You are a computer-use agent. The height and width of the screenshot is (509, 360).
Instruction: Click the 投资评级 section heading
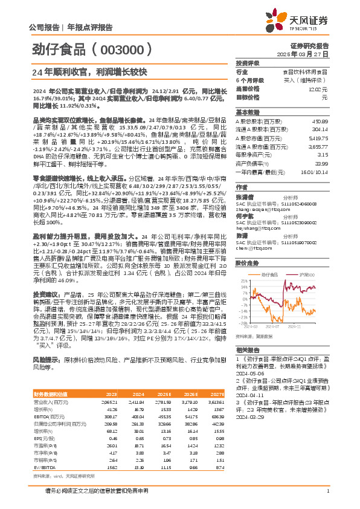point(248,63)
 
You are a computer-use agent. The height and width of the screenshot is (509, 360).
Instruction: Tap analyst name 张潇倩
point(244,196)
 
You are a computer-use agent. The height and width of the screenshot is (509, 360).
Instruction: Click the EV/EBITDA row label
point(43,433)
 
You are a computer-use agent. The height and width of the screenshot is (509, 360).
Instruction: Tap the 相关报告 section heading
point(248,350)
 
